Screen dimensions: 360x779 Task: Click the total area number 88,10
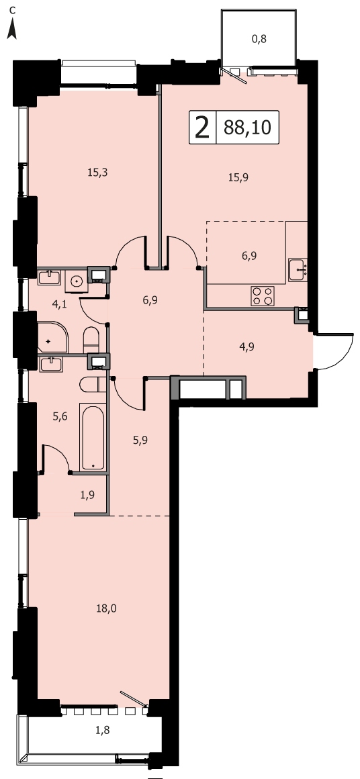click(x=247, y=128)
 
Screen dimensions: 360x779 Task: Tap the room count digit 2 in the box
click(x=202, y=128)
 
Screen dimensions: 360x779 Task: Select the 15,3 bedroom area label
click(x=98, y=173)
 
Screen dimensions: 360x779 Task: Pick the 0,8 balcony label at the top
click(x=259, y=39)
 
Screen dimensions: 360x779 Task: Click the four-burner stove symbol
click(x=263, y=296)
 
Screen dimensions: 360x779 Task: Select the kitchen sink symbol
click(x=298, y=270)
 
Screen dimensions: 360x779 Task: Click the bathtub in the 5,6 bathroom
click(x=93, y=437)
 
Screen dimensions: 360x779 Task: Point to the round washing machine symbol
click(x=77, y=281)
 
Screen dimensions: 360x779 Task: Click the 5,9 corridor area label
click(x=140, y=439)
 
